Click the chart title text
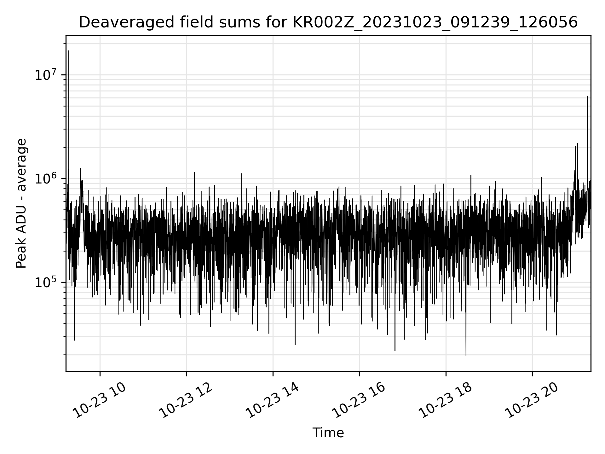pos(328,23)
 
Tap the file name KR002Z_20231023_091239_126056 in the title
pos(435,23)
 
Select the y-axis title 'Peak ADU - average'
pos(21,203)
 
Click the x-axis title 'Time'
pos(328,433)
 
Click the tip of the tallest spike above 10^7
pos(69,51)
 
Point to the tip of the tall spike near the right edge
pos(587,96)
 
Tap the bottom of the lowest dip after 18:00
pos(466,356)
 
